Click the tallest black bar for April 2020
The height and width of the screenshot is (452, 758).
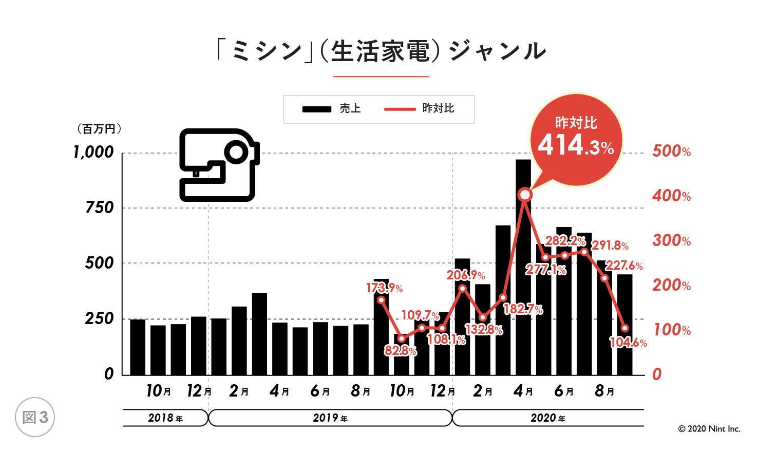[x=523, y=267]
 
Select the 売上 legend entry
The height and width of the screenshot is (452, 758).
[x=332, y=109]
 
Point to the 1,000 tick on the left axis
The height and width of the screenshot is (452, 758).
[x=93, y=152]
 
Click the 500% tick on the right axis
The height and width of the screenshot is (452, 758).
[x=671, y=151]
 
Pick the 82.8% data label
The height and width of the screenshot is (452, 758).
[x=401, y=351]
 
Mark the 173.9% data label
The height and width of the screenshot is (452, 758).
[x=384, y=288]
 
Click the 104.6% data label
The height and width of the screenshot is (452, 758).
[x=628, y=343]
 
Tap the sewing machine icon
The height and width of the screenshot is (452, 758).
[x=219, y=164]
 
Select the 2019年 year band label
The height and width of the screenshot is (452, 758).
[x=330, y=418]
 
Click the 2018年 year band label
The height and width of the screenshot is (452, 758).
[x=165, y=418]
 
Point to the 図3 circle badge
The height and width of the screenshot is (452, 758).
[x=35, y=417]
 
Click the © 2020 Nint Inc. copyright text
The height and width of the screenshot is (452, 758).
[x=709, y=429]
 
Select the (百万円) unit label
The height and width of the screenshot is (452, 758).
[x=99, y=129]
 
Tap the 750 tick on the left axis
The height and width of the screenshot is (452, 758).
[x=100, y=208]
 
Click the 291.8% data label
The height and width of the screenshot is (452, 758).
[x=610, y=246]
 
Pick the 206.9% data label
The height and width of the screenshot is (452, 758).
[x=465, y=275]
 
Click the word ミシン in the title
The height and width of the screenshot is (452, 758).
[x=267, y=51]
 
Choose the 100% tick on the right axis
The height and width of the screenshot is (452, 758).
[x=671, y=330]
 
